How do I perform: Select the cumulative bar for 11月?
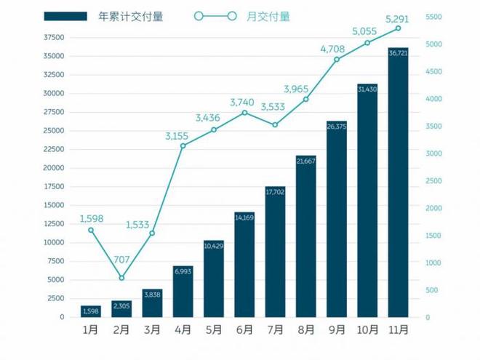[398, 182]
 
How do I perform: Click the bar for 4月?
[183, 292]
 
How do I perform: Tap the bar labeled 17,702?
[275, 252]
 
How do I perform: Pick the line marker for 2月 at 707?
[121, 278]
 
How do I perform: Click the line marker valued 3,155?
[183, 146]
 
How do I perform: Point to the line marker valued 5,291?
[398, 29]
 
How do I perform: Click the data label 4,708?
[336, 49]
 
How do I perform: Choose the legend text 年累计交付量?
[129, 16]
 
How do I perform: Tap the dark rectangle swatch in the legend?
[66, 16]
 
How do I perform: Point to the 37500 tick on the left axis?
[55, 37]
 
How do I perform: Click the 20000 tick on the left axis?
[55, 168]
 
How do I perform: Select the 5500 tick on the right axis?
[432, 17]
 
